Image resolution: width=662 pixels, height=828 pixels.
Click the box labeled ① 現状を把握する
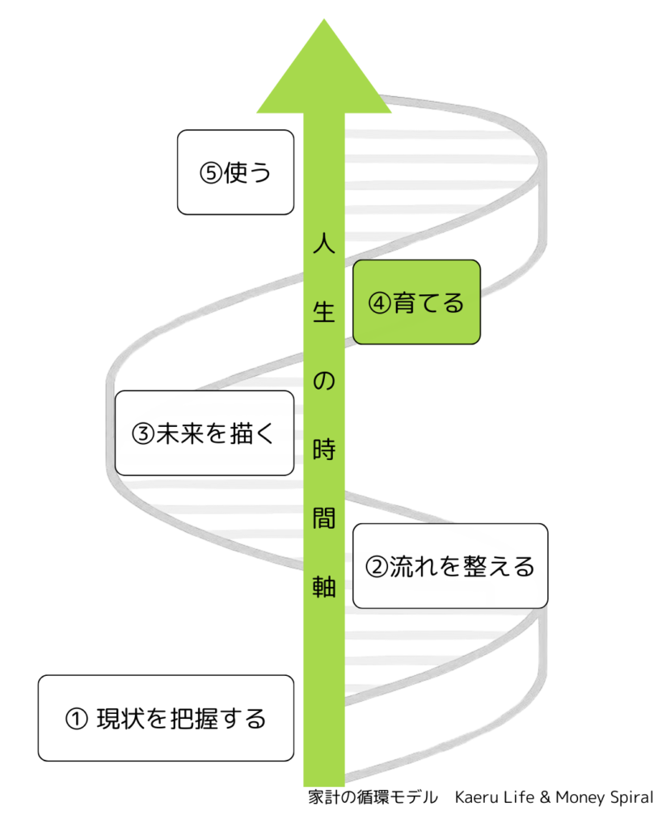tap(166, 718)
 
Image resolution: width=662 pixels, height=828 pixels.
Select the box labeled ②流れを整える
tap(450, 566)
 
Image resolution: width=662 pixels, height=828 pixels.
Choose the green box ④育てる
tap(416, 302)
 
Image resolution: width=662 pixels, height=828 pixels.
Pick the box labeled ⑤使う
tap(235, 172)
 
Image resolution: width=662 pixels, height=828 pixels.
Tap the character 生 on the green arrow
tap(323, 312)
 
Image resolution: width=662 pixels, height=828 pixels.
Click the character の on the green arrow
tap(323, 380)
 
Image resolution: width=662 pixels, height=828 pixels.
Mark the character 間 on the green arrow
tap(323, 517)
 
